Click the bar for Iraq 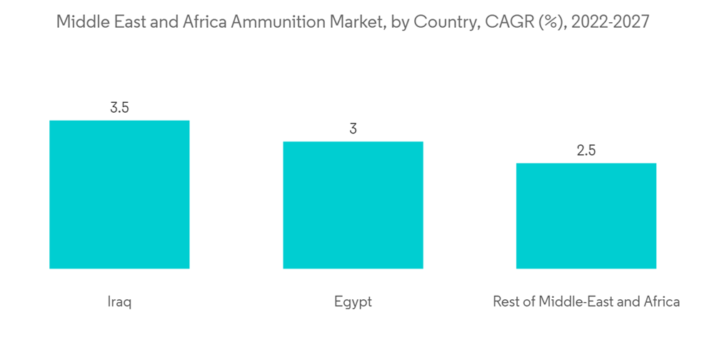[119, 194]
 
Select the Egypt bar [353, 205]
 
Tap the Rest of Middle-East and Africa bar [586, 216]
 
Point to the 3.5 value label [119, 108]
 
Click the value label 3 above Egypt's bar [353, 129]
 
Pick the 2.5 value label [586, 151]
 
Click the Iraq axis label [119, 302]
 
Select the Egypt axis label [353, 302]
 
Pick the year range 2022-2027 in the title [610, 21]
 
